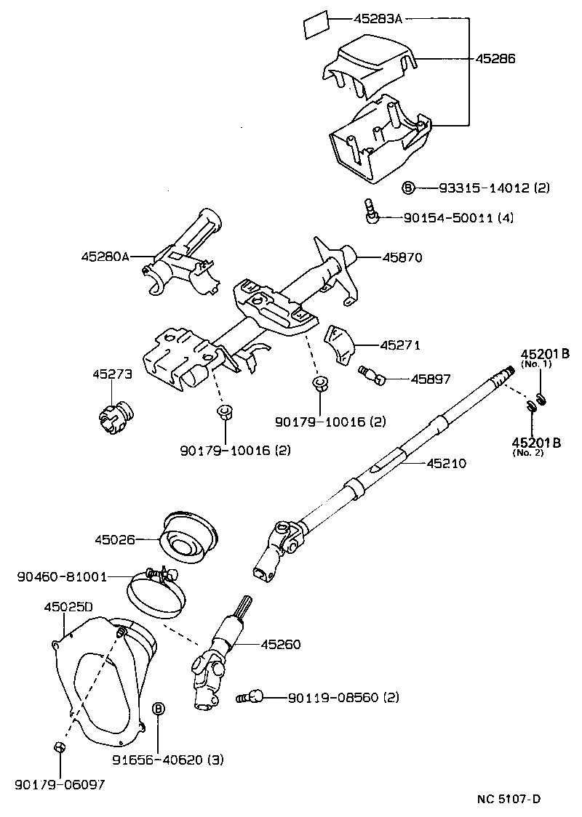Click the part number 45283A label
378,20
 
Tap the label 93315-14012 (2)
494,188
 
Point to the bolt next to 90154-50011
370,213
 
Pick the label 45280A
105,256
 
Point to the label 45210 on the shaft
446,463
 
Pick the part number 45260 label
281,644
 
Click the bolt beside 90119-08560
249,698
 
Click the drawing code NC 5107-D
509,800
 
